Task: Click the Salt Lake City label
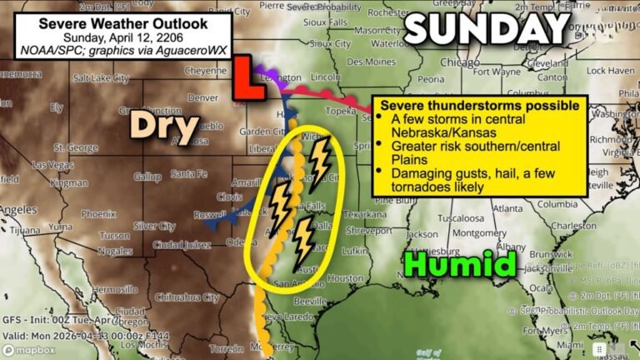coord(102,79)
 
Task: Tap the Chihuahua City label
coord(187,297)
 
